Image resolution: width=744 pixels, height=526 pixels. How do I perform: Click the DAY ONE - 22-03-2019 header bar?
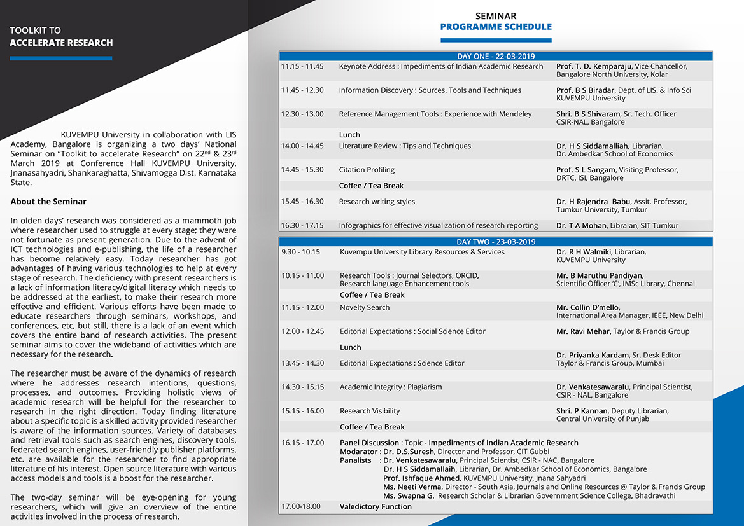496,56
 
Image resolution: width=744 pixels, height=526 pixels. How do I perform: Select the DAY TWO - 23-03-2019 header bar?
496,242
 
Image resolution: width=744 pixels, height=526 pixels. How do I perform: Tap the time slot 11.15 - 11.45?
302,66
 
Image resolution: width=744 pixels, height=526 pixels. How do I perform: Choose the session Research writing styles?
377,202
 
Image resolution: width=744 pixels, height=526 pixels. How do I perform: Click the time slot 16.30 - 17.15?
302,225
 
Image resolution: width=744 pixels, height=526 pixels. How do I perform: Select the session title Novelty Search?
365,307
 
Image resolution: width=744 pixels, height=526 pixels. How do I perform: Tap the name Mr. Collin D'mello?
587,307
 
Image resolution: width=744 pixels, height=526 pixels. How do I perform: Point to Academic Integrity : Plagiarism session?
391,387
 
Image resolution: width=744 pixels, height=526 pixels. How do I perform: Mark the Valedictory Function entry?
376,506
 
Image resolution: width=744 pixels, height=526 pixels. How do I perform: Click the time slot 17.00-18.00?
301,506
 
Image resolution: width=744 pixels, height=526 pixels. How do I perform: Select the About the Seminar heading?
48,202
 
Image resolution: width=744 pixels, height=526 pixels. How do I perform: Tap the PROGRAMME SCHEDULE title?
496,27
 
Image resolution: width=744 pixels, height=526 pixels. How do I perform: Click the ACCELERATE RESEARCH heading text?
61,43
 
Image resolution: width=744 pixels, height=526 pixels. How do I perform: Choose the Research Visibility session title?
370,411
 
